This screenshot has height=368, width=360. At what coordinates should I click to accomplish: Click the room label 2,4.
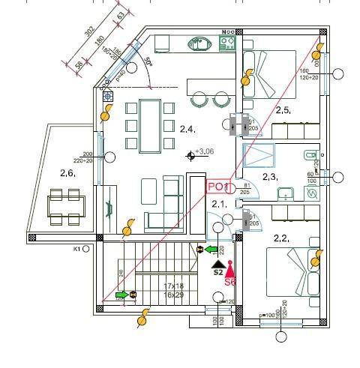187,129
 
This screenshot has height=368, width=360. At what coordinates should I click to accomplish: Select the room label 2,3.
270,177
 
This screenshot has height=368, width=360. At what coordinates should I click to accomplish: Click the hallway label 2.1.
219,203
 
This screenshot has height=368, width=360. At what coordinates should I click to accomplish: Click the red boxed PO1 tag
217,187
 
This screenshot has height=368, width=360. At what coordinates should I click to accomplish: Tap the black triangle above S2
217,264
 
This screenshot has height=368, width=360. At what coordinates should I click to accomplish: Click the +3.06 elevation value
204,152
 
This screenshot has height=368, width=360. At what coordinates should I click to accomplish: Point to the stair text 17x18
174,286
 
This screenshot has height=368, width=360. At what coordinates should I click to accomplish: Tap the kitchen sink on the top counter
200,43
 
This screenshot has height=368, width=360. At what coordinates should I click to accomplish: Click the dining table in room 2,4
150,124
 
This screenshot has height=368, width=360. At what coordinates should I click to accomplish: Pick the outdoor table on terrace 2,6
65,204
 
